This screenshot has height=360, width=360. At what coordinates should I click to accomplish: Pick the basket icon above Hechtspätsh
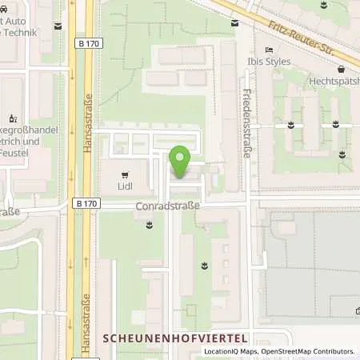pos(341,68)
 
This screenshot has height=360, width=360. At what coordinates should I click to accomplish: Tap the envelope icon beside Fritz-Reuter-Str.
pos(234,24)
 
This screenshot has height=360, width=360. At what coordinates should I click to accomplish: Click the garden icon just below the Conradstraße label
pos(150,227)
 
